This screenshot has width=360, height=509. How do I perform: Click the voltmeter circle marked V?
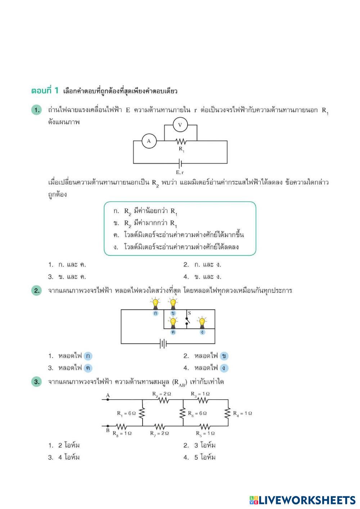click(180, 125)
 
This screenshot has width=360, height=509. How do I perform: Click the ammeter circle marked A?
click(149, 141)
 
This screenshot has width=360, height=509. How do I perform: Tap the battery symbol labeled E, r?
click(180, 164)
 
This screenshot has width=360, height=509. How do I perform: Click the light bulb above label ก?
click(156, 303)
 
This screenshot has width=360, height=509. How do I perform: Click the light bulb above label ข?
click(173, 303)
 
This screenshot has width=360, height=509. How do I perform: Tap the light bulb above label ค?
click(173, 322)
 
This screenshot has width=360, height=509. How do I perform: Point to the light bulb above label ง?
click(202, 322)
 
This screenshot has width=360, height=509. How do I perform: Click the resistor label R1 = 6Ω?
click(126, 413)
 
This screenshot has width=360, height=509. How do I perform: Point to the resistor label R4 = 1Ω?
click(242, 413)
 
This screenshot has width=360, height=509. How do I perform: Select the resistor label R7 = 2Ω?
click(159, 433)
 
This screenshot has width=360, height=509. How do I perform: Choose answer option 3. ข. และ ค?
click(67, 277)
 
